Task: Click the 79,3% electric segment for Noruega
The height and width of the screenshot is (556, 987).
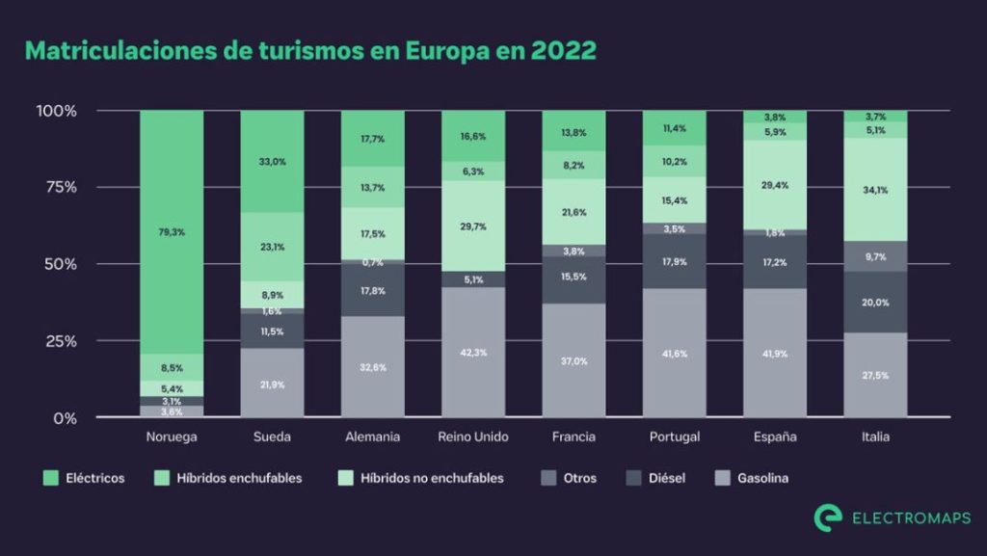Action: click(172, 231)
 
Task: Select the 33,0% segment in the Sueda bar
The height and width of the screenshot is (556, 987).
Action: click(272, 162)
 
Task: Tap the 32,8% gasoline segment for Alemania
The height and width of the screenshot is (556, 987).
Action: click(372, 367)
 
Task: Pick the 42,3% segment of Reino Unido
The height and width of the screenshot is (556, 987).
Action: click(473, 353)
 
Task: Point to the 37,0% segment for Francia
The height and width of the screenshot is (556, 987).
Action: click(574, 361)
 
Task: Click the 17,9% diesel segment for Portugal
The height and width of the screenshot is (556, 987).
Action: click(674, 261)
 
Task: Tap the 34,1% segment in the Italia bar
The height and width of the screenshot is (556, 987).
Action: click(875, 190)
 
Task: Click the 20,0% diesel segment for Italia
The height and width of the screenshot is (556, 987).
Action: click(875, 303)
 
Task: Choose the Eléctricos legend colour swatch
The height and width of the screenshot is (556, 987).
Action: click(51, 478)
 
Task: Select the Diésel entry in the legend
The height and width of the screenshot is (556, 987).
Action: click(666, 478)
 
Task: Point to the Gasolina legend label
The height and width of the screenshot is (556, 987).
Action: click(762, 478)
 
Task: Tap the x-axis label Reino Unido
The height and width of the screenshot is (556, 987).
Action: click(472, 437)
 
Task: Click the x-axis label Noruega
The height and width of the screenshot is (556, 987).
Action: click(172, 437)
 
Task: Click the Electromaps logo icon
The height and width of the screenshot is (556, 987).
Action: click(828, 517)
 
